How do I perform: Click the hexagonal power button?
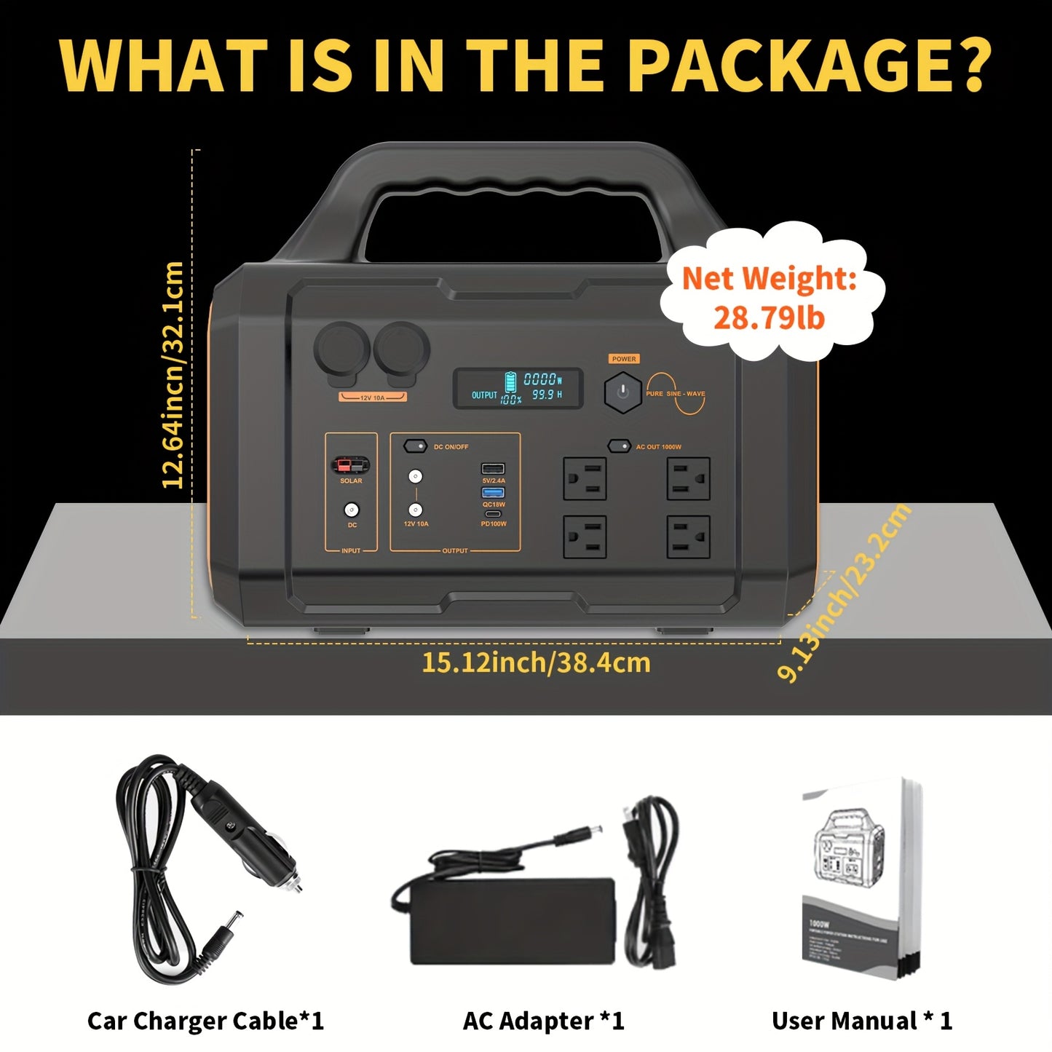pyautogui.click(x=622, y=392)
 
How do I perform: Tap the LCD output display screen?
pyautogui.click(x=518, y=389)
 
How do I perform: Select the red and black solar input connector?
pyautogui.click(x=351, y=465)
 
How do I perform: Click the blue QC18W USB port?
pyautogui.click(x=493, y=493)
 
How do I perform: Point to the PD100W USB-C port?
pyautogui.click(x=493, y=515)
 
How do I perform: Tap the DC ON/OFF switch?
pyautogui.click(x=415, y=446)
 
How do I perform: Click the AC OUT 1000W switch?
pyautogui.click(x=619, y=446)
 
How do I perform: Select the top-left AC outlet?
pyautogui.click(x=585, y=478)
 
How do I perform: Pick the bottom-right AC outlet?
pyautogui.click(x=688, y=537)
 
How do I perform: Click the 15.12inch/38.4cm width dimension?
pyautogui.click(x=536, y=663)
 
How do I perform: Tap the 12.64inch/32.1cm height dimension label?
pyautogui.click(x=173, y=375)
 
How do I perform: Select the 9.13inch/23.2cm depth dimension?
pyautogui.click(x=845, y=593)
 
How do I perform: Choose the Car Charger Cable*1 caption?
pyautogui.click(x=205, y=1021)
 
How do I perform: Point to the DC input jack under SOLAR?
pyautogui.click(x=351, y=510)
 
